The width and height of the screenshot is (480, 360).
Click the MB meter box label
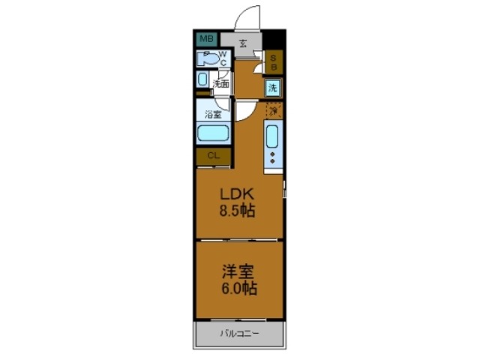point(205,38)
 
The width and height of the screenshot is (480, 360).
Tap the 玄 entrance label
point(244,43)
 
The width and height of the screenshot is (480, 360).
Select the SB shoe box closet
point(274,61)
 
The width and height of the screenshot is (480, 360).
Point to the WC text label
point(223,58)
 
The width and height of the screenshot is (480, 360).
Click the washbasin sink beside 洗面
point(203,80)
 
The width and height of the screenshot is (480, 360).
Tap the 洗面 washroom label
point(220,84)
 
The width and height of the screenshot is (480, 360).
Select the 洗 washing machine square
point(274,88)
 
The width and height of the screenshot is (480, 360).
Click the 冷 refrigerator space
point(274,110)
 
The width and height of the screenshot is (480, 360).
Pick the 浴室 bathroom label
point(213,115)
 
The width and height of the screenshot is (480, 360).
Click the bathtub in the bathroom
point(213,135)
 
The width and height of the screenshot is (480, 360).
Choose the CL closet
point(213,156)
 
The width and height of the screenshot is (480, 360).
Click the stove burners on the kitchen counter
point(272,158)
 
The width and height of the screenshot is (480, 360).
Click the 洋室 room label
point(238,271)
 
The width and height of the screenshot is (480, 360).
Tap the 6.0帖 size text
point(238,289)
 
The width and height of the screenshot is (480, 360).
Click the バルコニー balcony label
point(239,332)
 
